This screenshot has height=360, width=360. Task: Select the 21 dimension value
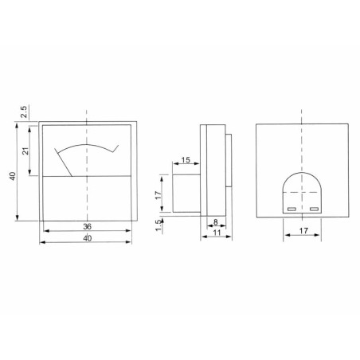point(25,150)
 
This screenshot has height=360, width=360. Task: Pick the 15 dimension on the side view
point(184,162)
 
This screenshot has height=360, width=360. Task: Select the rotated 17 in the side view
point(159,194)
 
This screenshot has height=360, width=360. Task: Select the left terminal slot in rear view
point(291,209)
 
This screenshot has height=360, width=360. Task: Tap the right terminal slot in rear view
point(314,209)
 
